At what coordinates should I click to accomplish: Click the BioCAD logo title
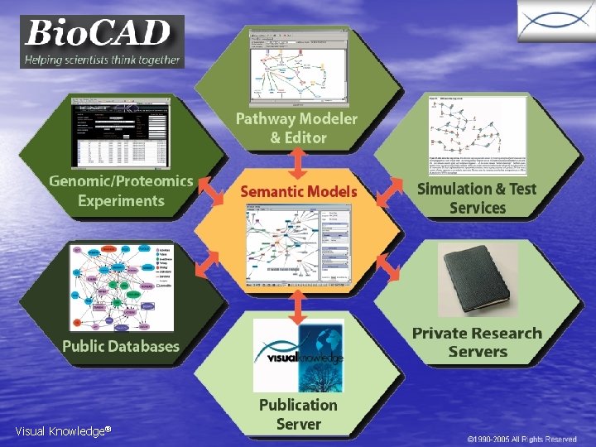coord(98,34)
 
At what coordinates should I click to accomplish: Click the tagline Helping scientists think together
coord(102,59)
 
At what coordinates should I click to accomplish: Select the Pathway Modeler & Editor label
coord(297,128)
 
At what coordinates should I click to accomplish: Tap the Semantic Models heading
coord(299,191)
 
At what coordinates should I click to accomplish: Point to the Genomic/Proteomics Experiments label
coord(121,191)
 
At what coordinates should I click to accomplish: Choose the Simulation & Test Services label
coord(477,198)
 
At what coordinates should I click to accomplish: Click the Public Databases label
coord(121,346)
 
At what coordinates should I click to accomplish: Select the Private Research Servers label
coord(477,342)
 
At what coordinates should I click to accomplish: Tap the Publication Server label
coord(298,414)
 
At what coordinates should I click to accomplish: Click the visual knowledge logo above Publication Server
coord(298,356)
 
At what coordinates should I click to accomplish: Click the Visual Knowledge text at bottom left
coord(62,431)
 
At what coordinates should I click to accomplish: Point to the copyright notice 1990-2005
coord(521,439)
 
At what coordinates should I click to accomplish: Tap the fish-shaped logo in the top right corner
coord(556,22)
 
